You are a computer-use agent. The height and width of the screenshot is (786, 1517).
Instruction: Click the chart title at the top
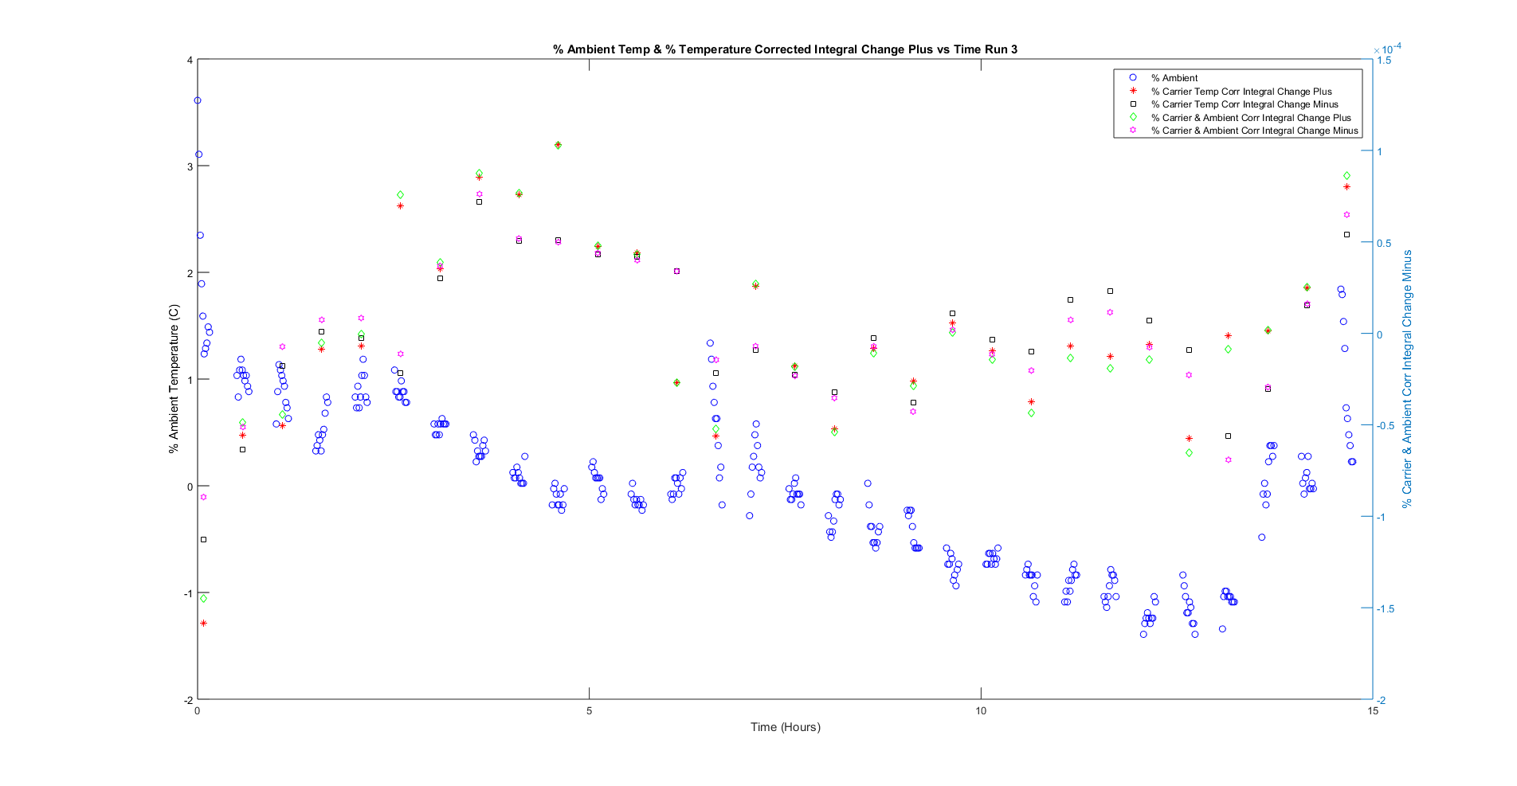pyautogui.click(x=785, y=49)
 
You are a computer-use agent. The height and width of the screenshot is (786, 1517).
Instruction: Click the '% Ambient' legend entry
pyautogui.click(x=1174, y=78)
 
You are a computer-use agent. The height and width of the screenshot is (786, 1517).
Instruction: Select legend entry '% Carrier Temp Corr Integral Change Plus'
pyautogui.click(x=1241, y=92)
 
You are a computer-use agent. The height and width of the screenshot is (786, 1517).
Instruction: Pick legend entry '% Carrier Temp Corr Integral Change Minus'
pyautogui.click(x=1244, y=104)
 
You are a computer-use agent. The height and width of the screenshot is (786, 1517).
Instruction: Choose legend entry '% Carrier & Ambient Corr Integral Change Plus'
pyautogui.click(x=1250, y=118)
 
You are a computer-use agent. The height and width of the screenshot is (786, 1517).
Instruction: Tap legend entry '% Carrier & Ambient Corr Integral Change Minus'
pyautogui.click(x=1253, y=131)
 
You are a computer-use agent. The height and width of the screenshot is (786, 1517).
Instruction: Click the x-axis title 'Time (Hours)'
pyautogui.click(x=785, y=726)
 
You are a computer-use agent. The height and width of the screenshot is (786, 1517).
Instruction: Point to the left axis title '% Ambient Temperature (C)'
pyautogui.click(x=174, y=379)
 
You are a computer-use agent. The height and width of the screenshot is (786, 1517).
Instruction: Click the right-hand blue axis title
pyautogui.click(x=1407, y=379)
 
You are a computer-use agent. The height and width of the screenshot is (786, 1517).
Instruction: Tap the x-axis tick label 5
pyautogui.click(x=590, y=711)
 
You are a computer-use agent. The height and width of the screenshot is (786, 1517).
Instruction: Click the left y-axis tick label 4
pyautogui.click(x=190, y=60)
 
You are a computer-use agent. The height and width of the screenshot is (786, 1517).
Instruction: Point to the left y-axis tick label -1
pyautogui.click(x=187, y=593)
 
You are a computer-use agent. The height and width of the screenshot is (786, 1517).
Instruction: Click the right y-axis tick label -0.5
pyautogui.click(x=1387, y=425)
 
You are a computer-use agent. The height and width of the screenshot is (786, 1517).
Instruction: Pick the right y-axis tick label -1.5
pyautogui.click(x=1387, y=608)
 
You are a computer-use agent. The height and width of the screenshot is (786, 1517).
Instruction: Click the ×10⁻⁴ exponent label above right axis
pyautogui.click(x=1387, y=49)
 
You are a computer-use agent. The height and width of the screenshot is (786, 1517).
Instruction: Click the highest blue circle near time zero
pyautogui.click(x=198, y=100)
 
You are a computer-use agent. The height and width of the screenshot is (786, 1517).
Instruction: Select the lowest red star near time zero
pyautogui.click(x=203, y=623)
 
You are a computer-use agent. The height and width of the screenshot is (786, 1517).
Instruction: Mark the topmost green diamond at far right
pyautogui.click(x=1346, y=175)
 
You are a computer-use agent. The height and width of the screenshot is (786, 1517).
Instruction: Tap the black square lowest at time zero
pyautogui.click(x=203, y=539)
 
